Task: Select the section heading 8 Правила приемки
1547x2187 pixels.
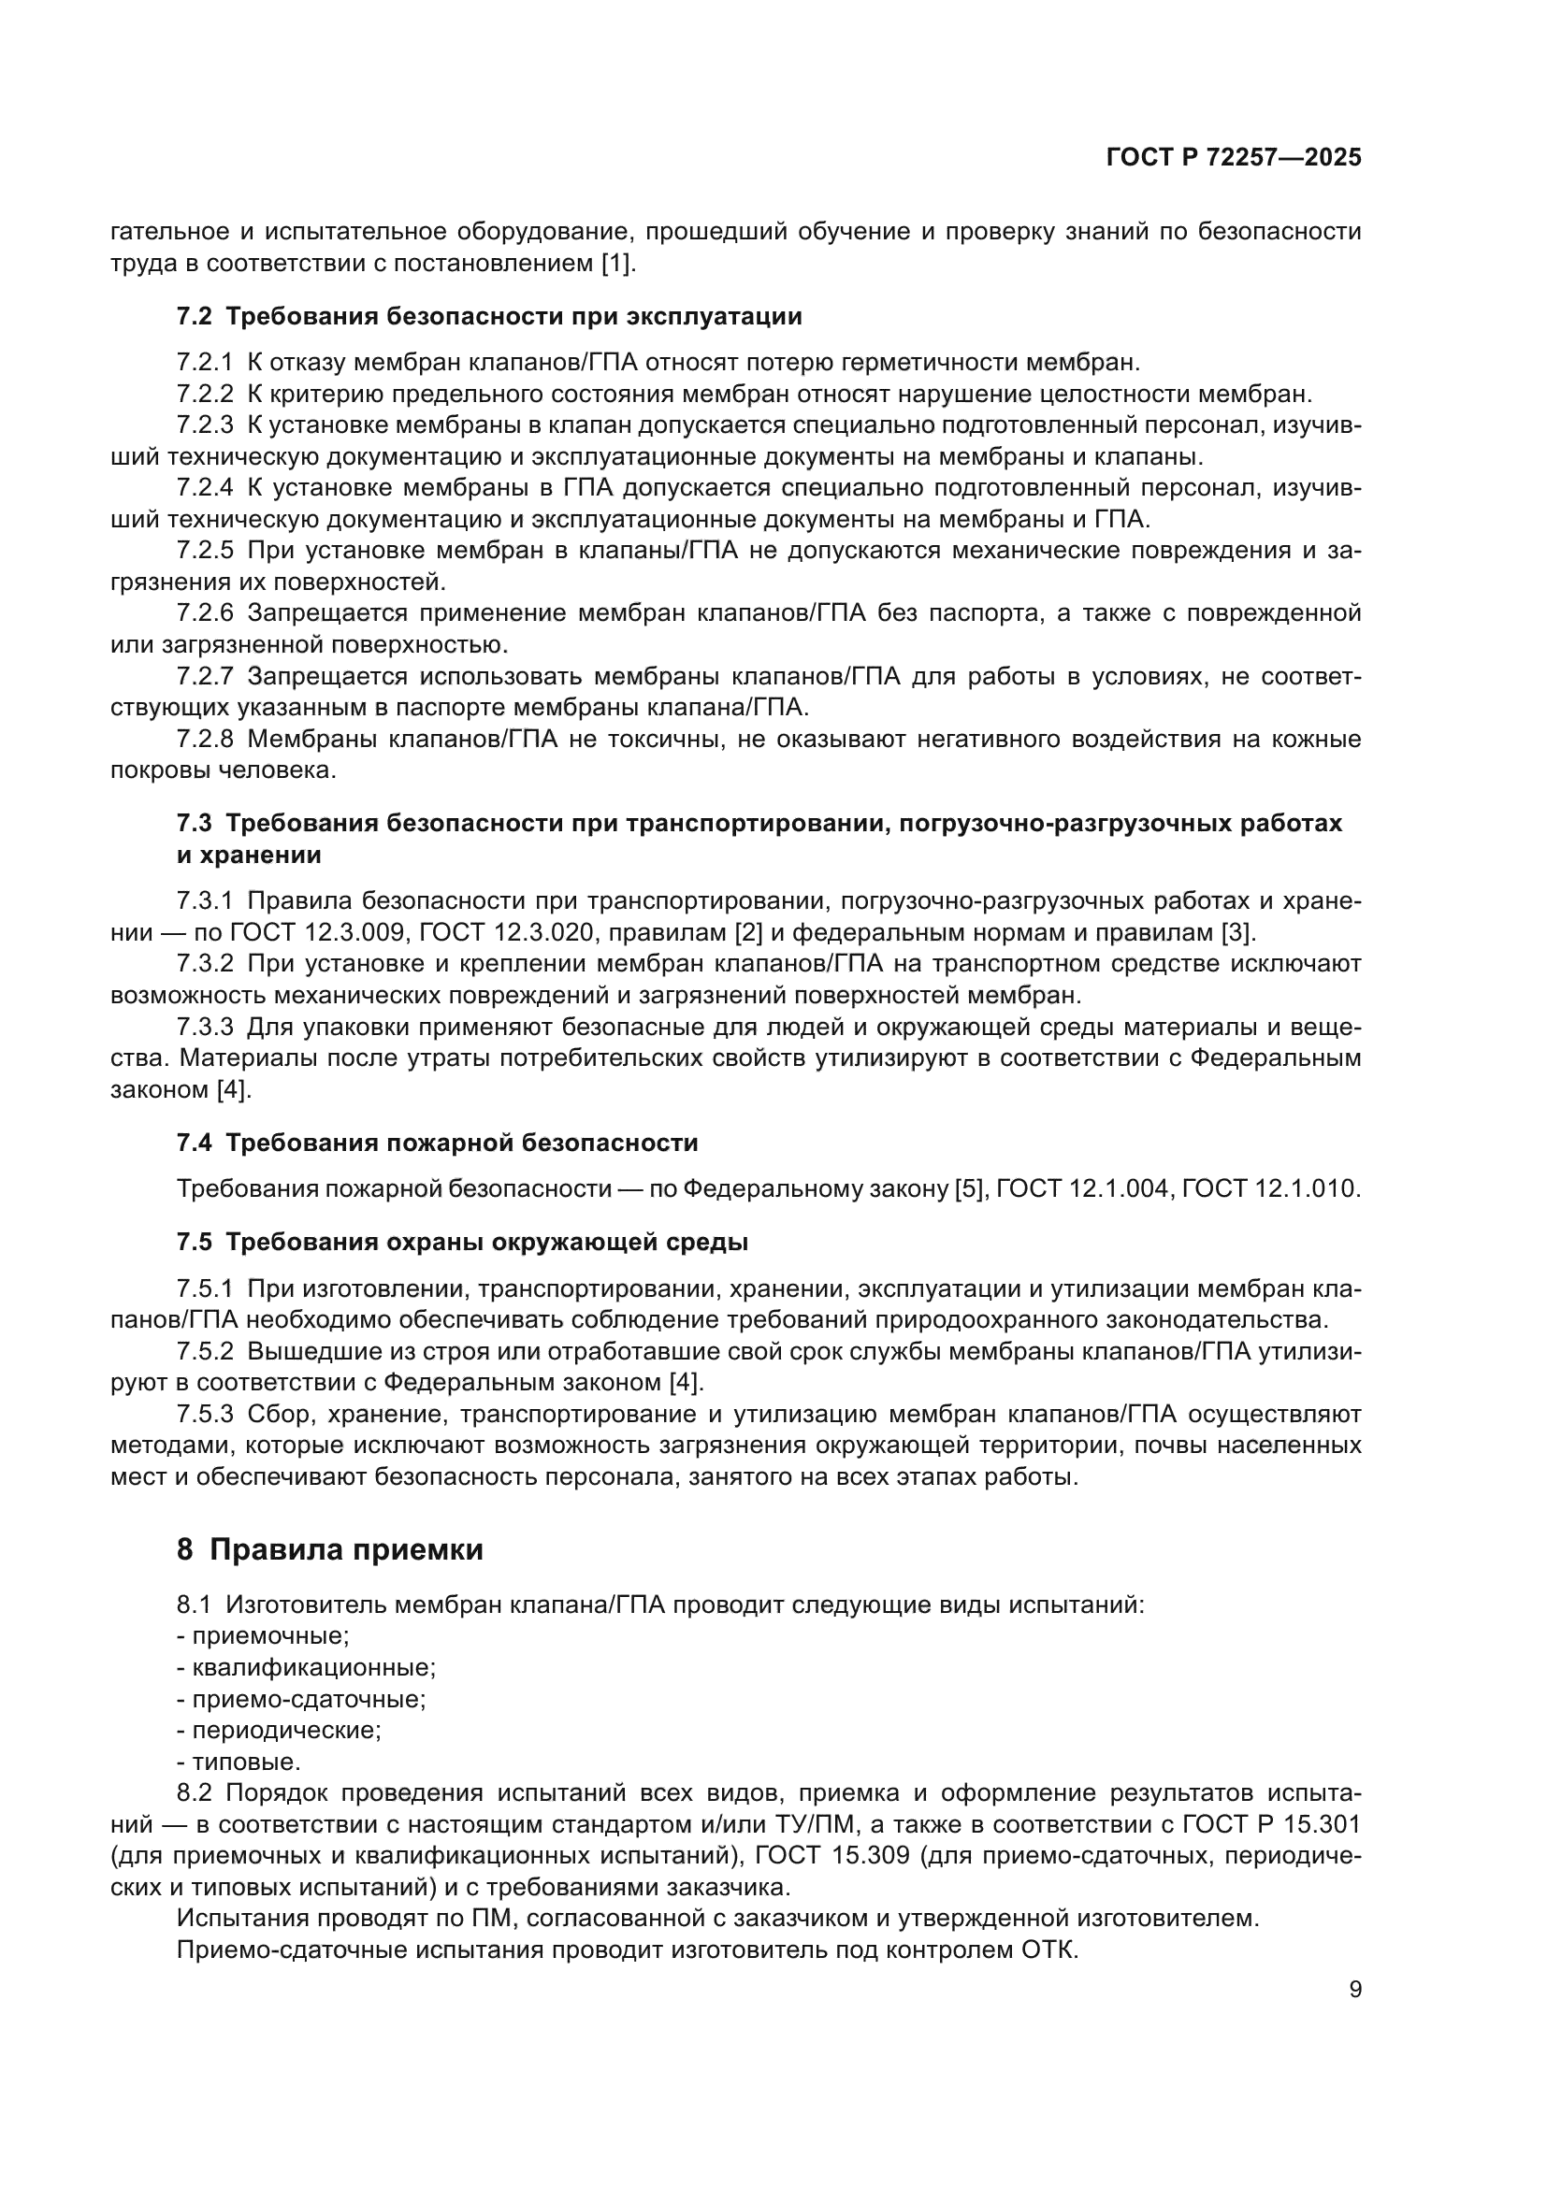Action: tap(329, 1549)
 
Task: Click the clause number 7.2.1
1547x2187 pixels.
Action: tap(204, 363)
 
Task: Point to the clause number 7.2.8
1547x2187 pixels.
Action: tap(204, 740)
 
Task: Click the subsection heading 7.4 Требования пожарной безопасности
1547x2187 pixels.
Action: tap(437, 1142)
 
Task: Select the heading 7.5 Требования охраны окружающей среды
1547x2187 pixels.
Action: tap(462, 1242)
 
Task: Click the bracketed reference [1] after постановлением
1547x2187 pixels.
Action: tap(615, 263)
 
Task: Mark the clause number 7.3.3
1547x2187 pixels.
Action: tap(204, 1028)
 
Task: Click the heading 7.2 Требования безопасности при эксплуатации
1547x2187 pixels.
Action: tap(488, 316)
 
